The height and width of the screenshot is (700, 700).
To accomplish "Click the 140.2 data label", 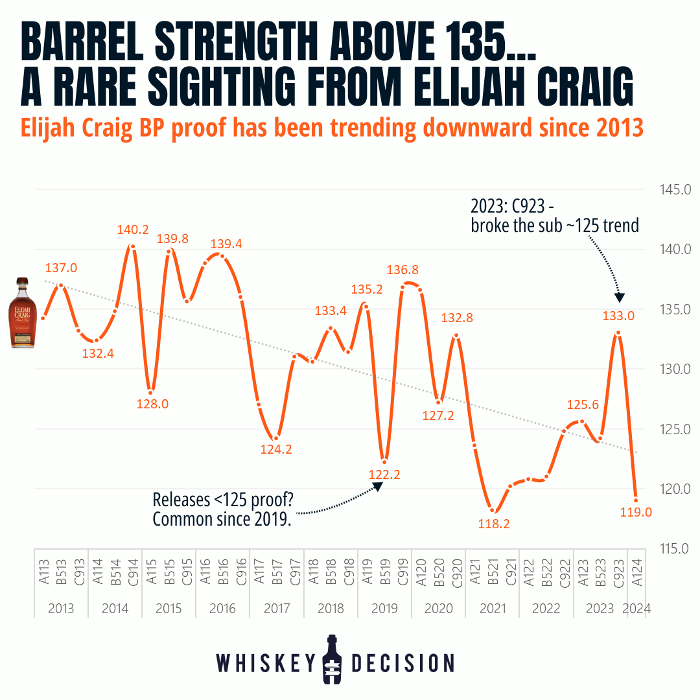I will point(133,229).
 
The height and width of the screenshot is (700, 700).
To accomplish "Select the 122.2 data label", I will point(385,474).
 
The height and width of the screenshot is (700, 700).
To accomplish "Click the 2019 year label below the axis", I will point(385,609).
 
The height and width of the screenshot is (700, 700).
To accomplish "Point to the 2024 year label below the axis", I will point(636,609).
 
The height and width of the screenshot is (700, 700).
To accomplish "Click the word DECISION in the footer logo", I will point(403,662).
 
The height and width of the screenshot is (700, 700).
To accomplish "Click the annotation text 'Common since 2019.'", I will point(221,519).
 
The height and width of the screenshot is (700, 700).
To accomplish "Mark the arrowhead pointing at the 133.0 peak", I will point(619,297).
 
